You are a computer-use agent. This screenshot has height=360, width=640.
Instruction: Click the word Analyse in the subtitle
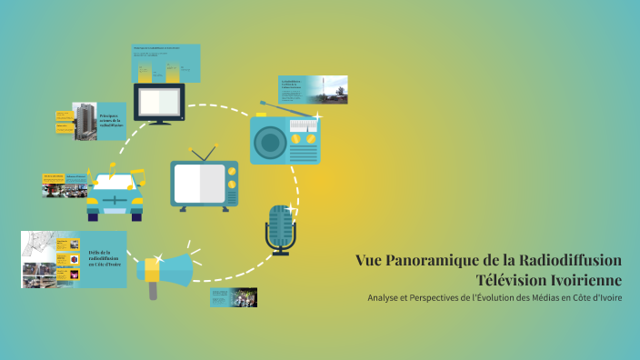click(x=387, y=298)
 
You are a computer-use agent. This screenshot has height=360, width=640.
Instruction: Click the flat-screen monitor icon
click(x=159, y=103)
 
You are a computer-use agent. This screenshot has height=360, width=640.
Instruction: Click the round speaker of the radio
click(x=270, y=142)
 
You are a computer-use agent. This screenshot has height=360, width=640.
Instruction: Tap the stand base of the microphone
click(x=280, y=253)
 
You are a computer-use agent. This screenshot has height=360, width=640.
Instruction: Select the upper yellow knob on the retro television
click(x=232, y=171)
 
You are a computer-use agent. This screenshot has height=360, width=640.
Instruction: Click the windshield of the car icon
click(x=115, y=178)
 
